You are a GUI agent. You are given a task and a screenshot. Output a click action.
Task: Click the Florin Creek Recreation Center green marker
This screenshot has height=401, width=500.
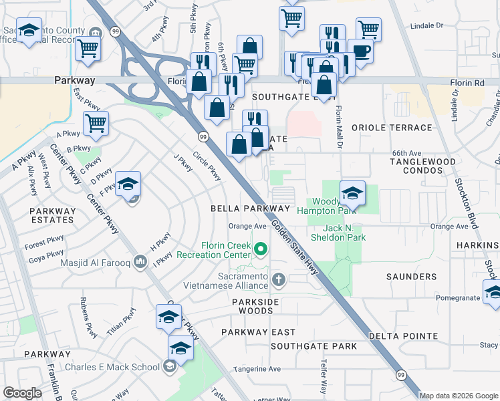click(261, 251)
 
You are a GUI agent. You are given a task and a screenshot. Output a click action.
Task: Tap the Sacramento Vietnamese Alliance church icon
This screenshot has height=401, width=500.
click(279, 278)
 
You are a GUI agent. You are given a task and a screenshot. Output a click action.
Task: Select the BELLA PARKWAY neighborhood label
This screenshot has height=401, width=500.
click(240, 209)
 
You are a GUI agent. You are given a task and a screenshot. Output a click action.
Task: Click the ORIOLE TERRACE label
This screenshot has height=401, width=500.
click(392, 128)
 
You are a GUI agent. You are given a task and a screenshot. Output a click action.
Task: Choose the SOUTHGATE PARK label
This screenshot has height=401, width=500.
click(314, 346)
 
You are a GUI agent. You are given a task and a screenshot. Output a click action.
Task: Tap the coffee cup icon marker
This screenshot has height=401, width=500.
click(360, 51)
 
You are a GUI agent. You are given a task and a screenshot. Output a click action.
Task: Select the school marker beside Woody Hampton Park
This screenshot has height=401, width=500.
click(352, 193)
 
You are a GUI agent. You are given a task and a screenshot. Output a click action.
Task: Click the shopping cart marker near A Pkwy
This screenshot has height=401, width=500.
click(96, 123)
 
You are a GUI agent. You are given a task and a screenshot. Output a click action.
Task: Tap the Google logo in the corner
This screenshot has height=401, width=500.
click(22, 393)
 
